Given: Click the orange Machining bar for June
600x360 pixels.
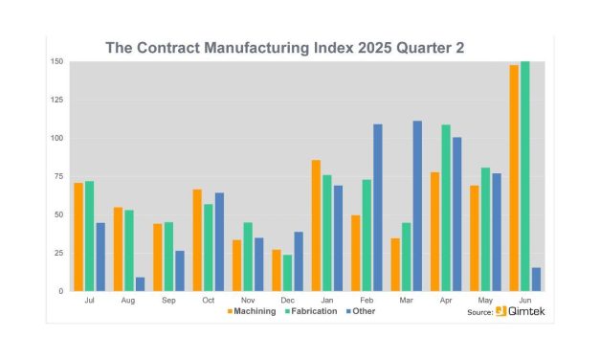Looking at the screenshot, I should [514, 178].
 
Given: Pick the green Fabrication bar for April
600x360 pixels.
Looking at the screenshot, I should [445, 208].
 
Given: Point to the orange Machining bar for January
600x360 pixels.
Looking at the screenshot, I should [315, 225].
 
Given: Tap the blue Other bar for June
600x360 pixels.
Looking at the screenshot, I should [536, 279].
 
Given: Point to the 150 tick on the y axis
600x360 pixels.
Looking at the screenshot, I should [58, 62].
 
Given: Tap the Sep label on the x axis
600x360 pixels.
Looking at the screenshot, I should [168, 300].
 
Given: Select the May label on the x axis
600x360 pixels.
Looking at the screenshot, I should [485, 300].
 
